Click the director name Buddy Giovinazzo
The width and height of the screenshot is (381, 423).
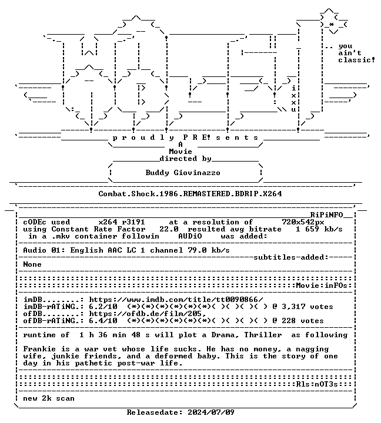183,173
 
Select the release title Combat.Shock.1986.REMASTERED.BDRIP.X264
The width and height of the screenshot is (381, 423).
190,194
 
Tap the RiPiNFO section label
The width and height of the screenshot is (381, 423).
326,215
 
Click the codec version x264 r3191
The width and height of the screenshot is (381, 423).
122,222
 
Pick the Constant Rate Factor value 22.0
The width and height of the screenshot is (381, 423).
169,229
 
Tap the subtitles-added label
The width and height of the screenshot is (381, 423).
291,257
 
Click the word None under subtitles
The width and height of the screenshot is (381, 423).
32,264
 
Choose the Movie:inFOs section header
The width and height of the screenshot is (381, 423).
322,286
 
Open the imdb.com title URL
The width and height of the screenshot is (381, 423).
176,300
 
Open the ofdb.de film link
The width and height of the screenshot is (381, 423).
148,314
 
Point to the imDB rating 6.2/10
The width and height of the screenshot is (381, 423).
103,307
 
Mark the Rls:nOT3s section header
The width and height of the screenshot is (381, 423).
317,384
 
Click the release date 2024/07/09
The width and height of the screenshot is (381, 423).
211,412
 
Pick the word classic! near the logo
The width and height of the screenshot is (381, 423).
357,60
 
